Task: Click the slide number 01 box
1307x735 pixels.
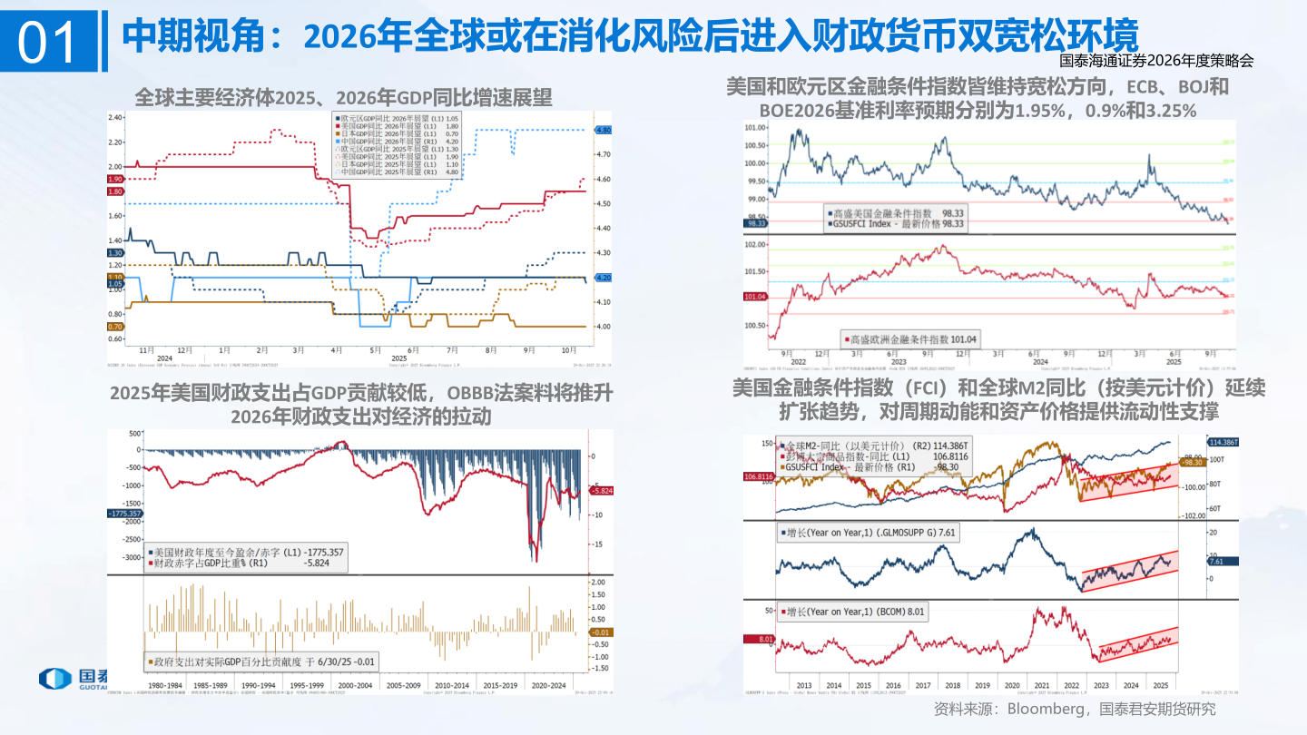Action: point(48,42)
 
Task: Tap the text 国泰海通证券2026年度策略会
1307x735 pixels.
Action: point(1156,62)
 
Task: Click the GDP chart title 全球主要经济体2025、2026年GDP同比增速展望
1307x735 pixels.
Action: point(343,96)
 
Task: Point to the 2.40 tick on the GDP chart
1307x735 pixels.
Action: point(115,117)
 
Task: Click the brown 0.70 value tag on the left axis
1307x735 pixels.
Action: point(115,327)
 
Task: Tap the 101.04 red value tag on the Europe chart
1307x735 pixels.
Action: point(755,297)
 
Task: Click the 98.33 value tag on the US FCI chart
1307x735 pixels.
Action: point(755,222)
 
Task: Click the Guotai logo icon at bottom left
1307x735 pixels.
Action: point(54,680)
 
